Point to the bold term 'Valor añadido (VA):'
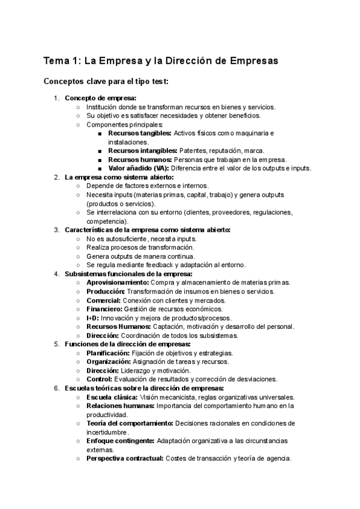(139, 168)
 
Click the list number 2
(56, 177)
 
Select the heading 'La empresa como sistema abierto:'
(119, 177)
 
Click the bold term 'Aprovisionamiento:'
(125, 283)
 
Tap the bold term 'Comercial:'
(103, 300)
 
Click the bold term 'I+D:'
(92, 318)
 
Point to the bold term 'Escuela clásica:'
(112, 397)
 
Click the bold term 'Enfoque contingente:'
(120, 441)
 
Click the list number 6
(56, 388)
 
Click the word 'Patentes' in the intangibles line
(192, 151)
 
